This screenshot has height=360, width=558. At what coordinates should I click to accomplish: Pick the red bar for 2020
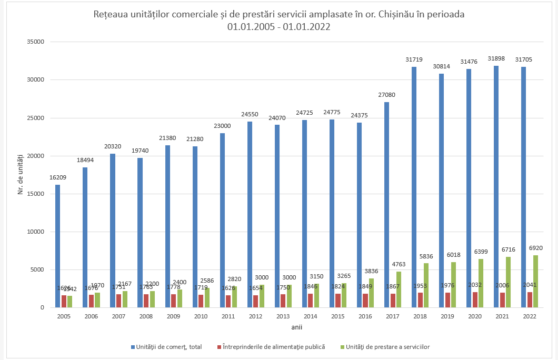pos(475,299)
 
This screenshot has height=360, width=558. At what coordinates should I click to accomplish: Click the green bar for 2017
pos(398,289)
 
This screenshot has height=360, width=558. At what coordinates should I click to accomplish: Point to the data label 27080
pos(386,95)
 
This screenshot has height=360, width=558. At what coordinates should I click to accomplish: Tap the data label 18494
pos(85,160)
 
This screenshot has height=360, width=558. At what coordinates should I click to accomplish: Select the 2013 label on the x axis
pos(283,317)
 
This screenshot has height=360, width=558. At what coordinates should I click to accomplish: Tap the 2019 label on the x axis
pos(447,317)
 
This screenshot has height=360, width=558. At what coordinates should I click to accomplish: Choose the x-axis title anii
pos(296,327)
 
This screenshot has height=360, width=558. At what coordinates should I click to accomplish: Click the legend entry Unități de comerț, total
pos(168,347)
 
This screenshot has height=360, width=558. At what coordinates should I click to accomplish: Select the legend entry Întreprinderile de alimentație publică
pos(274,347)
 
